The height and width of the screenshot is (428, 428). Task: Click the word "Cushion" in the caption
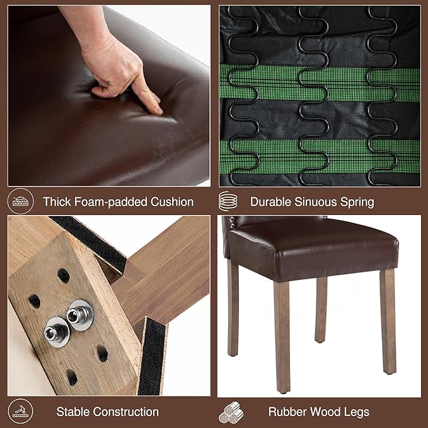tap(172, 202)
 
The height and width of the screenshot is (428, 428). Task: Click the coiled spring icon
tap(228, 201)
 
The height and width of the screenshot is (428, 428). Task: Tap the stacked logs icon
tap(231, 412)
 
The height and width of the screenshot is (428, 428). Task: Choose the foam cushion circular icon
tap(20, 201)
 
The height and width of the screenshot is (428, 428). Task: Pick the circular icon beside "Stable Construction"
tap(20, 412)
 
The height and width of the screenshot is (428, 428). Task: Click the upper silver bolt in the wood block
tap(80, 315)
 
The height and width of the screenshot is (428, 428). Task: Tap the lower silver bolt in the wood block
tap(57, 332)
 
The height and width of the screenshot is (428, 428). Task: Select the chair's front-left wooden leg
tap(282, 337)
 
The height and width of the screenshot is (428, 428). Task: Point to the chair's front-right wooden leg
tap(388, 321)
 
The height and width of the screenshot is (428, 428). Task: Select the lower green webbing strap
tap(320, 157)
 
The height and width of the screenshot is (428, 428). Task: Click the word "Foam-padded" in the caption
tap(111, 202)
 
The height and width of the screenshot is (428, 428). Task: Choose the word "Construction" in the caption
tap(127, 412)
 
